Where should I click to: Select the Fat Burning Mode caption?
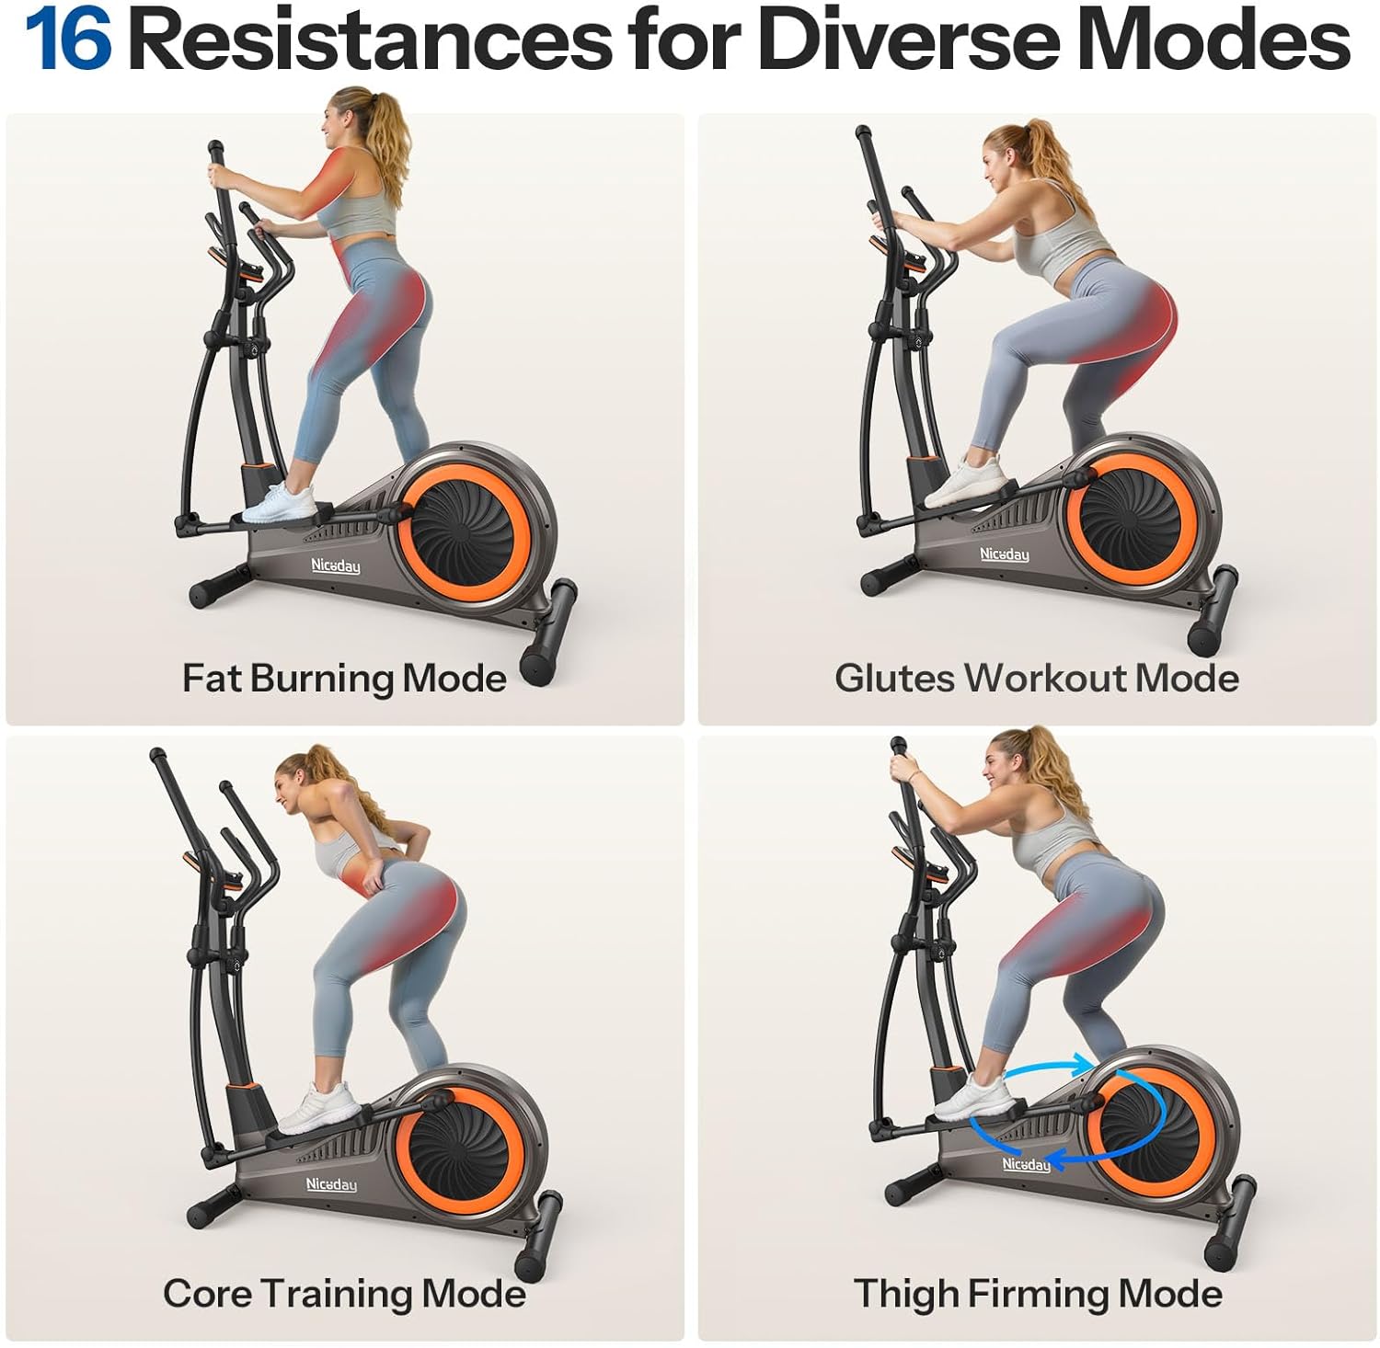point(344,679)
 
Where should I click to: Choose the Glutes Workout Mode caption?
point(1037,679)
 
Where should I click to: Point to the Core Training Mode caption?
point(344,1293)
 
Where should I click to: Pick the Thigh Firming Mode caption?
point(1038,1293)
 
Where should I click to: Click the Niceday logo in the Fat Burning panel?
point(335,565)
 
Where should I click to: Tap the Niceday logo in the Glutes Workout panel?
point(1005,554)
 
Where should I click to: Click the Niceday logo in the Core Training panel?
point(331,1184)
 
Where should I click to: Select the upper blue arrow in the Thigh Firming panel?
point(1047,1065)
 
